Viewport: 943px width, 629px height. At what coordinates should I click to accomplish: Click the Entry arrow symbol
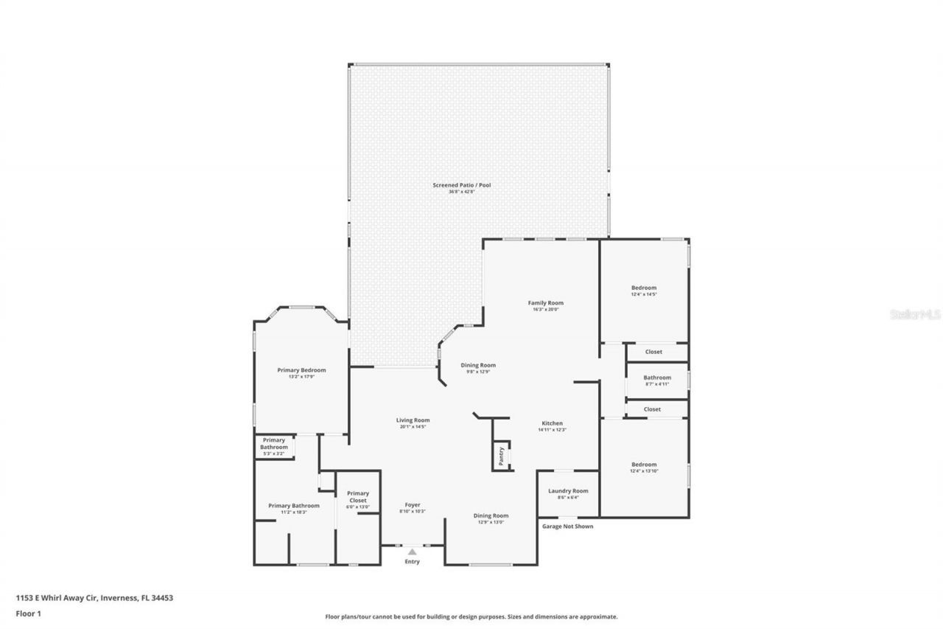412,552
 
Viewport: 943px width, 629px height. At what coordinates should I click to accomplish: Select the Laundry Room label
568,491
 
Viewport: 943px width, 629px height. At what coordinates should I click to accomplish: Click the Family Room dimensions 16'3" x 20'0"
546,310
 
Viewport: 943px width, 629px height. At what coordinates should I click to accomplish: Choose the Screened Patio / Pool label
462,184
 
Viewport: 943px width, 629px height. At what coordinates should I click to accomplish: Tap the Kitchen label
552,423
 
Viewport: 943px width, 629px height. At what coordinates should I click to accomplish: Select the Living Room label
413,420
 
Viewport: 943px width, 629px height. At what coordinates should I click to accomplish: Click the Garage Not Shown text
567,527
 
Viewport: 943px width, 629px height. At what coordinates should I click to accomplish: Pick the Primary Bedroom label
301,370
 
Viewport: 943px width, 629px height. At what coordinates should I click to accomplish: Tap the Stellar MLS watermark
916,314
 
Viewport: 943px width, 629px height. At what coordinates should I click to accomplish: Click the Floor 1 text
28,613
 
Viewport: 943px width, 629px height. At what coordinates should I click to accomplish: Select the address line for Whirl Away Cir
94,598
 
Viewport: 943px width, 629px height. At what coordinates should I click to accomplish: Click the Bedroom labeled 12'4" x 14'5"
644,288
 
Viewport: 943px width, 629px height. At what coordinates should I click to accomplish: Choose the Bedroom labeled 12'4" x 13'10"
644,465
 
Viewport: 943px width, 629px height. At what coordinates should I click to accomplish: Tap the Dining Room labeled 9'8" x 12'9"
478,365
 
